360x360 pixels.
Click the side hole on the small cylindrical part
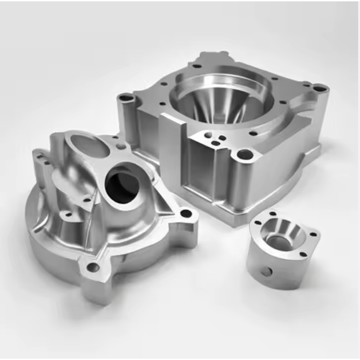coord(268,271)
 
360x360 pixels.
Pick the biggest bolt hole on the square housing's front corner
coord(244,155)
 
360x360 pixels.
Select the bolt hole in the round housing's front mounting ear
coord(93,268)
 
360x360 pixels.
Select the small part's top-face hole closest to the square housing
coord(272,215)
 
